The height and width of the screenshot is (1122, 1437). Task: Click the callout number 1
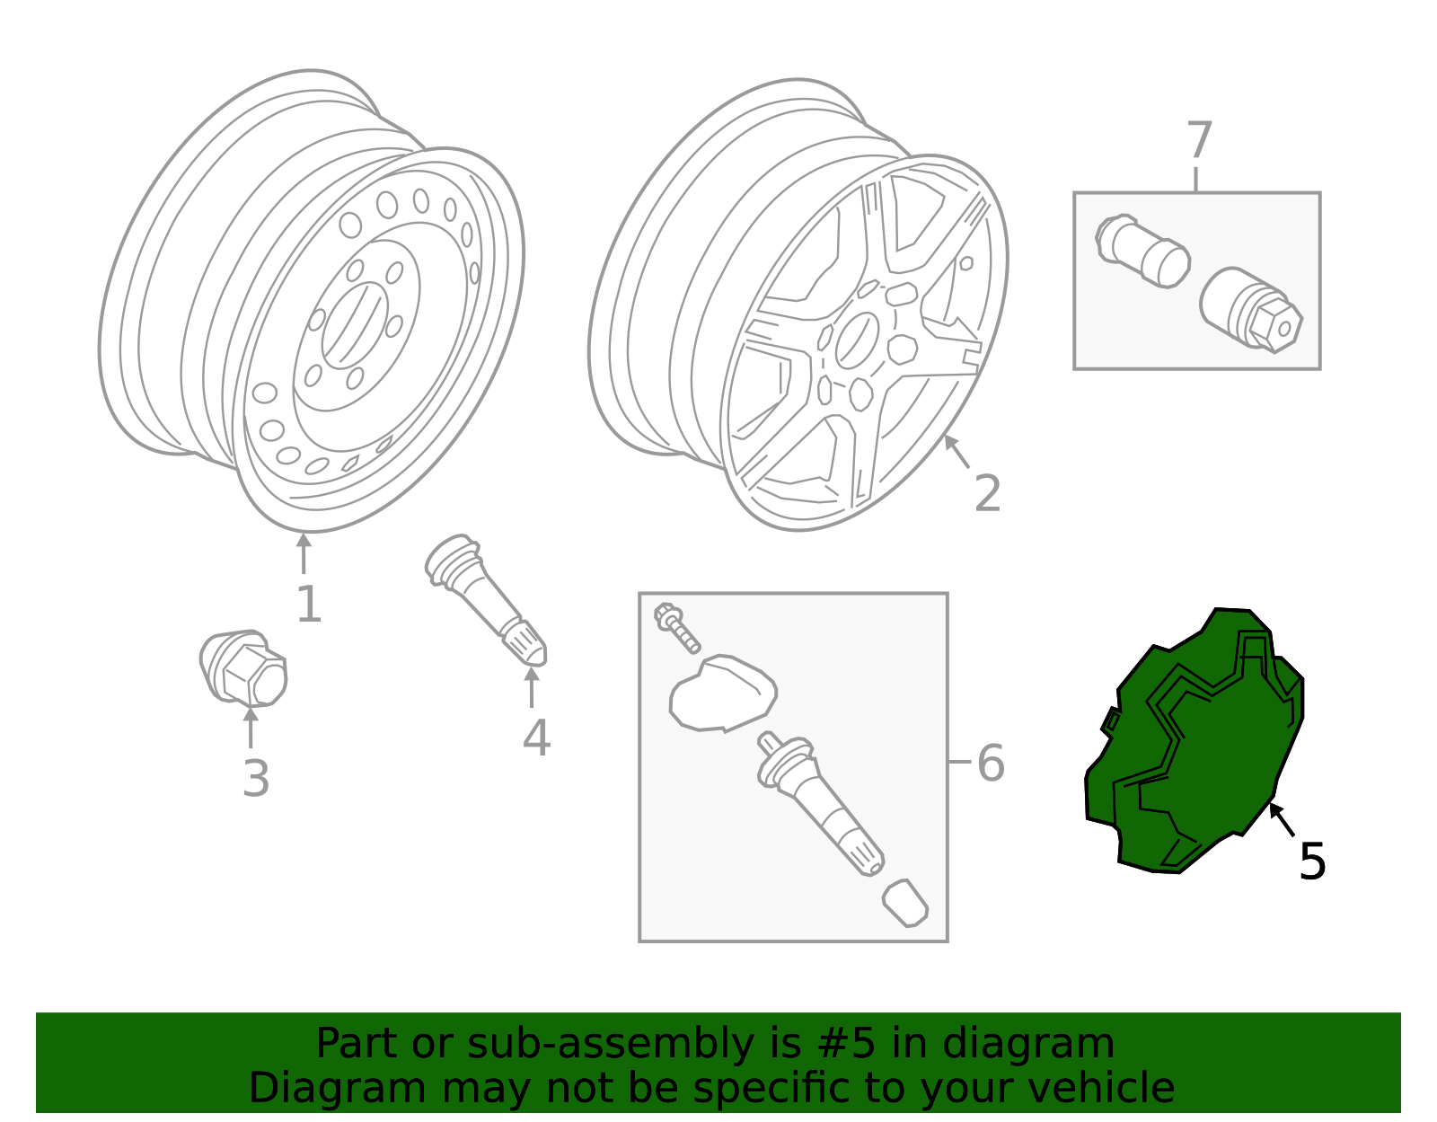308,605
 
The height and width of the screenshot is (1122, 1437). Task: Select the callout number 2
987,494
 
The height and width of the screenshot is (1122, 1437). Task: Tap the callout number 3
255,779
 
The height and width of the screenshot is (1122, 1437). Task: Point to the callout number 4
535,738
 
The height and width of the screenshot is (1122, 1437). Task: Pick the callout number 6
990,764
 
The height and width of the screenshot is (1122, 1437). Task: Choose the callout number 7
1199,142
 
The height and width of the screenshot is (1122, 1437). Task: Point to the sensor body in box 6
723,693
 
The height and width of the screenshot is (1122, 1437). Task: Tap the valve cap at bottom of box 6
905,903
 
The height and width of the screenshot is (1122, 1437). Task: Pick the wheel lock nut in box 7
1142,251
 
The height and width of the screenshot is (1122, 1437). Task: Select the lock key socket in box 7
1251,310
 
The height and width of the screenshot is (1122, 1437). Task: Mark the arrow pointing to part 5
1283,820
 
